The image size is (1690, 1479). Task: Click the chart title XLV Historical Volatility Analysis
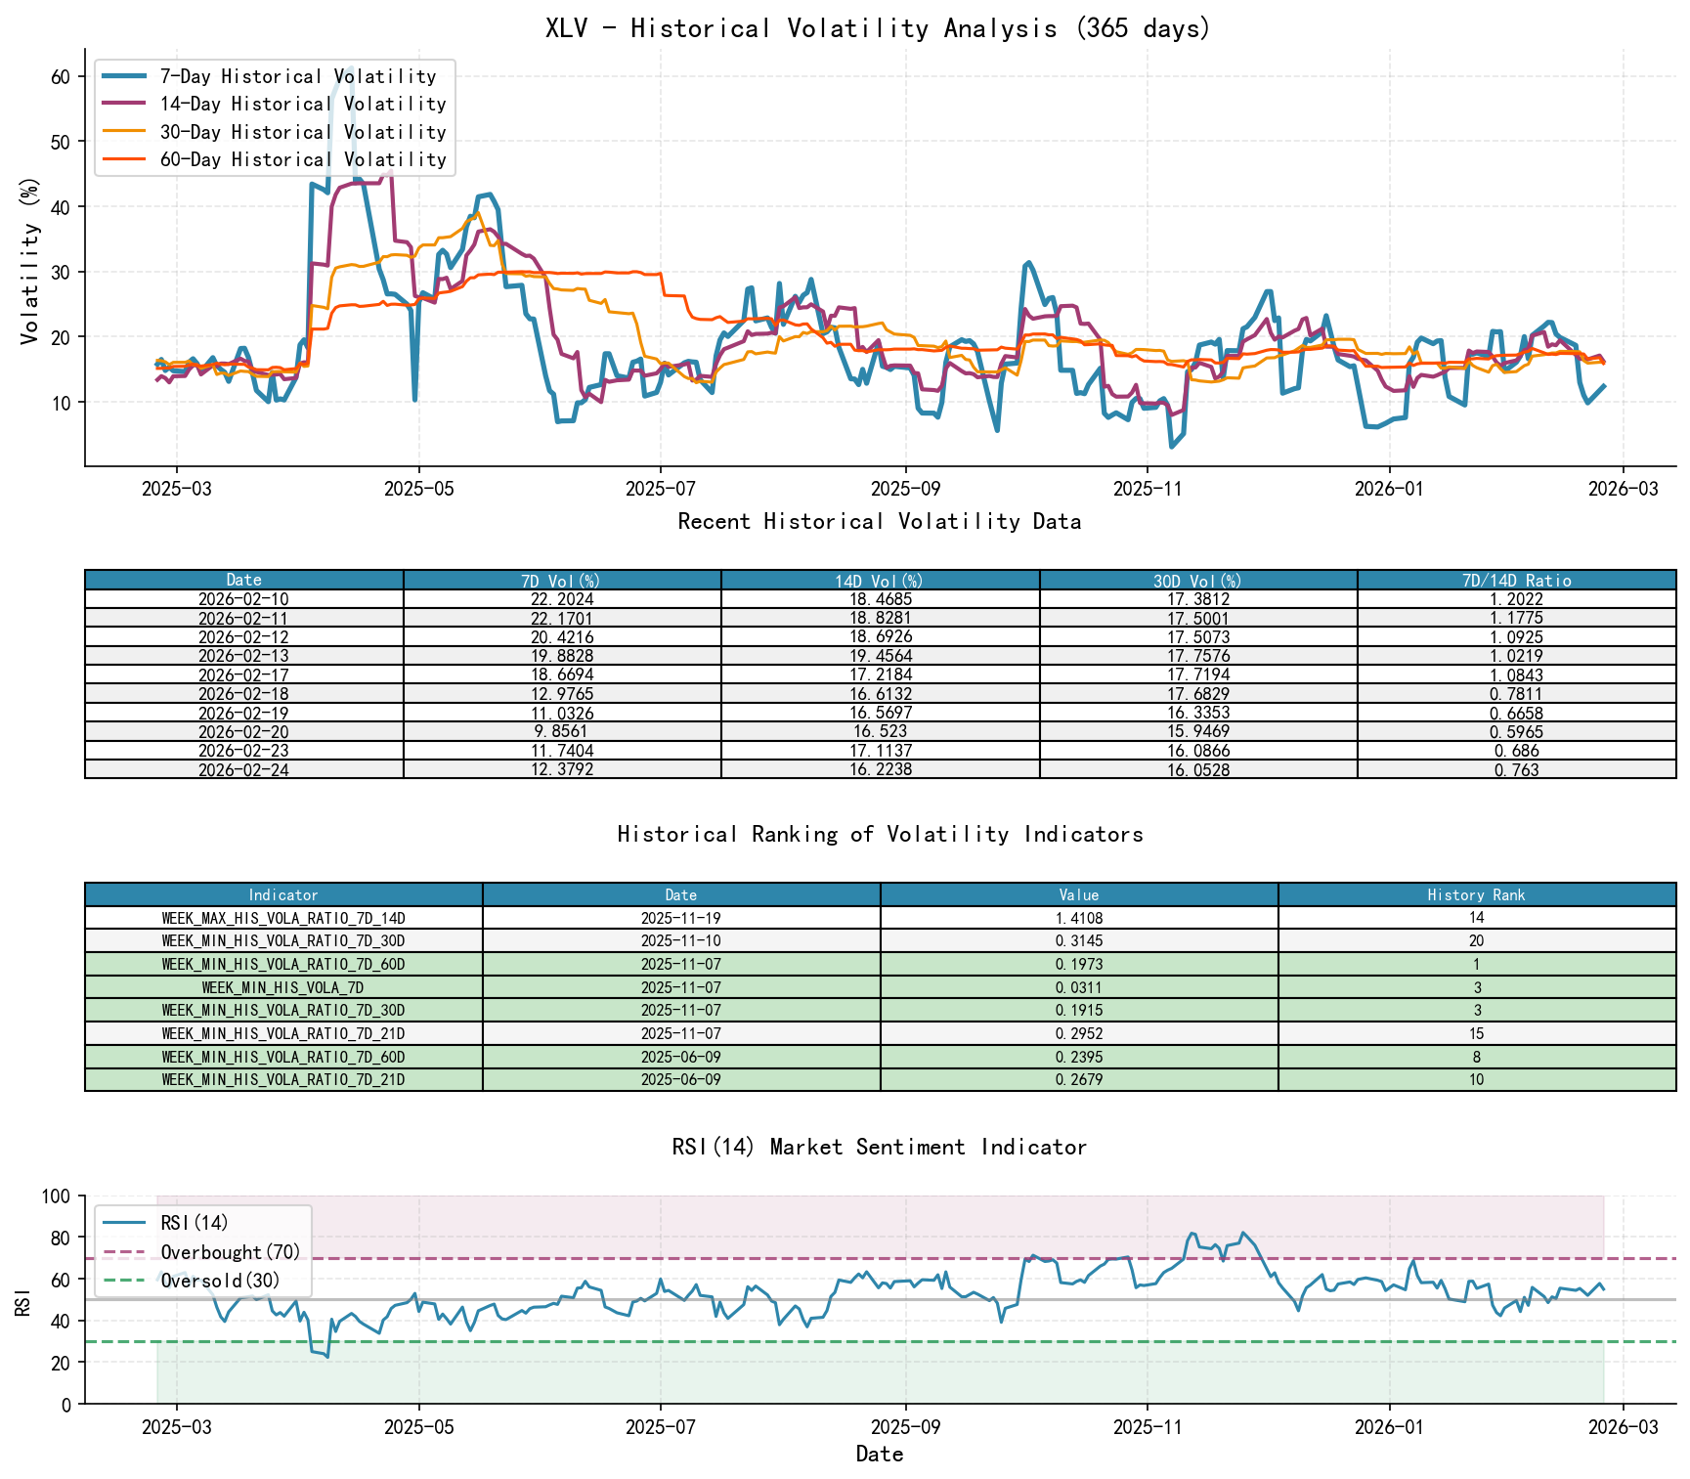click(878, 27)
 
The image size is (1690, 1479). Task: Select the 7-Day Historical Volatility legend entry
click(297, 76)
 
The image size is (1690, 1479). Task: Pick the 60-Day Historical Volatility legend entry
click(302, 159)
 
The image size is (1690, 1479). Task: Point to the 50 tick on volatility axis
click(61, 142)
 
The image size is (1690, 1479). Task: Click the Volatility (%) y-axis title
click(29, 261)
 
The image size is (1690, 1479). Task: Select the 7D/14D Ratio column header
click(1516, 581)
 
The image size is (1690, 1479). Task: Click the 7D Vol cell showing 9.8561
click(562, 732)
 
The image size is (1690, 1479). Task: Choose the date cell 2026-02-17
click(243, 675)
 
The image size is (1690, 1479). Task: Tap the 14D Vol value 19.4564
click(880, 656)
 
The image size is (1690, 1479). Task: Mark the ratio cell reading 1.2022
click(1516, 599)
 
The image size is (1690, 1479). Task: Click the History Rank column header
click(1476, 895)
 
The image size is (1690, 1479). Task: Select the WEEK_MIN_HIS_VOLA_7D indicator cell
click(282, 988)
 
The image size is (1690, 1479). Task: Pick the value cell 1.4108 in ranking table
click(1078, 919)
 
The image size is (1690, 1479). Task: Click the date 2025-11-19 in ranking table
click(680, 919)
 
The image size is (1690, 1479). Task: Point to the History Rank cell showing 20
click(1476, 941)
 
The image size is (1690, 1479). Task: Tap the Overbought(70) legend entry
click(231, 1252)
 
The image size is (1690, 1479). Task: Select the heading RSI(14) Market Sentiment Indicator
click(879, 1147)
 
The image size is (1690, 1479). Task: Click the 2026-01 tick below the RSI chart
click(1388, 1427)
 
